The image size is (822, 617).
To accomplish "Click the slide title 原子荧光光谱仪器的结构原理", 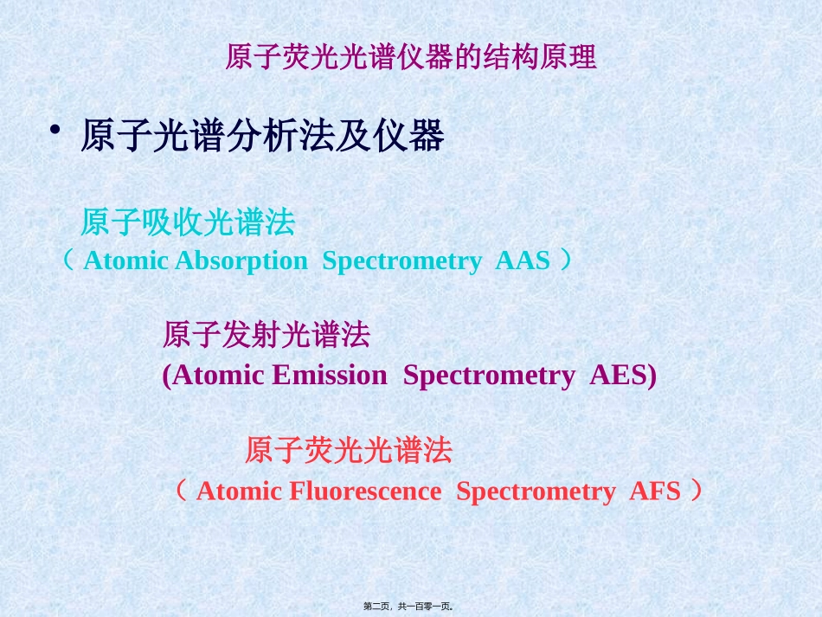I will click(x=411, y=58).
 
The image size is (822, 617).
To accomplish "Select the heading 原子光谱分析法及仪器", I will click(x=262, y=137).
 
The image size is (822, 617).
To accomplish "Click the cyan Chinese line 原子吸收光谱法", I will click(x=188, y=224).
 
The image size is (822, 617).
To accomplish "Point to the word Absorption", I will click(x=241, y=261).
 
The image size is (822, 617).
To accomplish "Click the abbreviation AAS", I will click(x=523, y=261).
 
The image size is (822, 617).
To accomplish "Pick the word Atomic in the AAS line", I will click(x=125, y=261).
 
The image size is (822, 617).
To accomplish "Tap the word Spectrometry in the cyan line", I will click(x=401, y=261).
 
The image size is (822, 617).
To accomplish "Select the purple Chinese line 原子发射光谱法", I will click(x=267, y=335).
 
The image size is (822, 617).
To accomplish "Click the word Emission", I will click(x=329, y=376).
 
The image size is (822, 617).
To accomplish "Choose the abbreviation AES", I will click(x=623, y=376).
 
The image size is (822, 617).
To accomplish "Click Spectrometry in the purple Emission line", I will click(x=489, y=376).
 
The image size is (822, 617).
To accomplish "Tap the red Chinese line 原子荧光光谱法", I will click(x=349, y=451).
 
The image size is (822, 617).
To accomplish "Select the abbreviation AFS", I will click(x=655, y=492).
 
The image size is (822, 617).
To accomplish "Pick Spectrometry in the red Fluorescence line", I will click(x=536, y=492).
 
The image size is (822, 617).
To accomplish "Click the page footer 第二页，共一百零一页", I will click(x=410, y=607).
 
